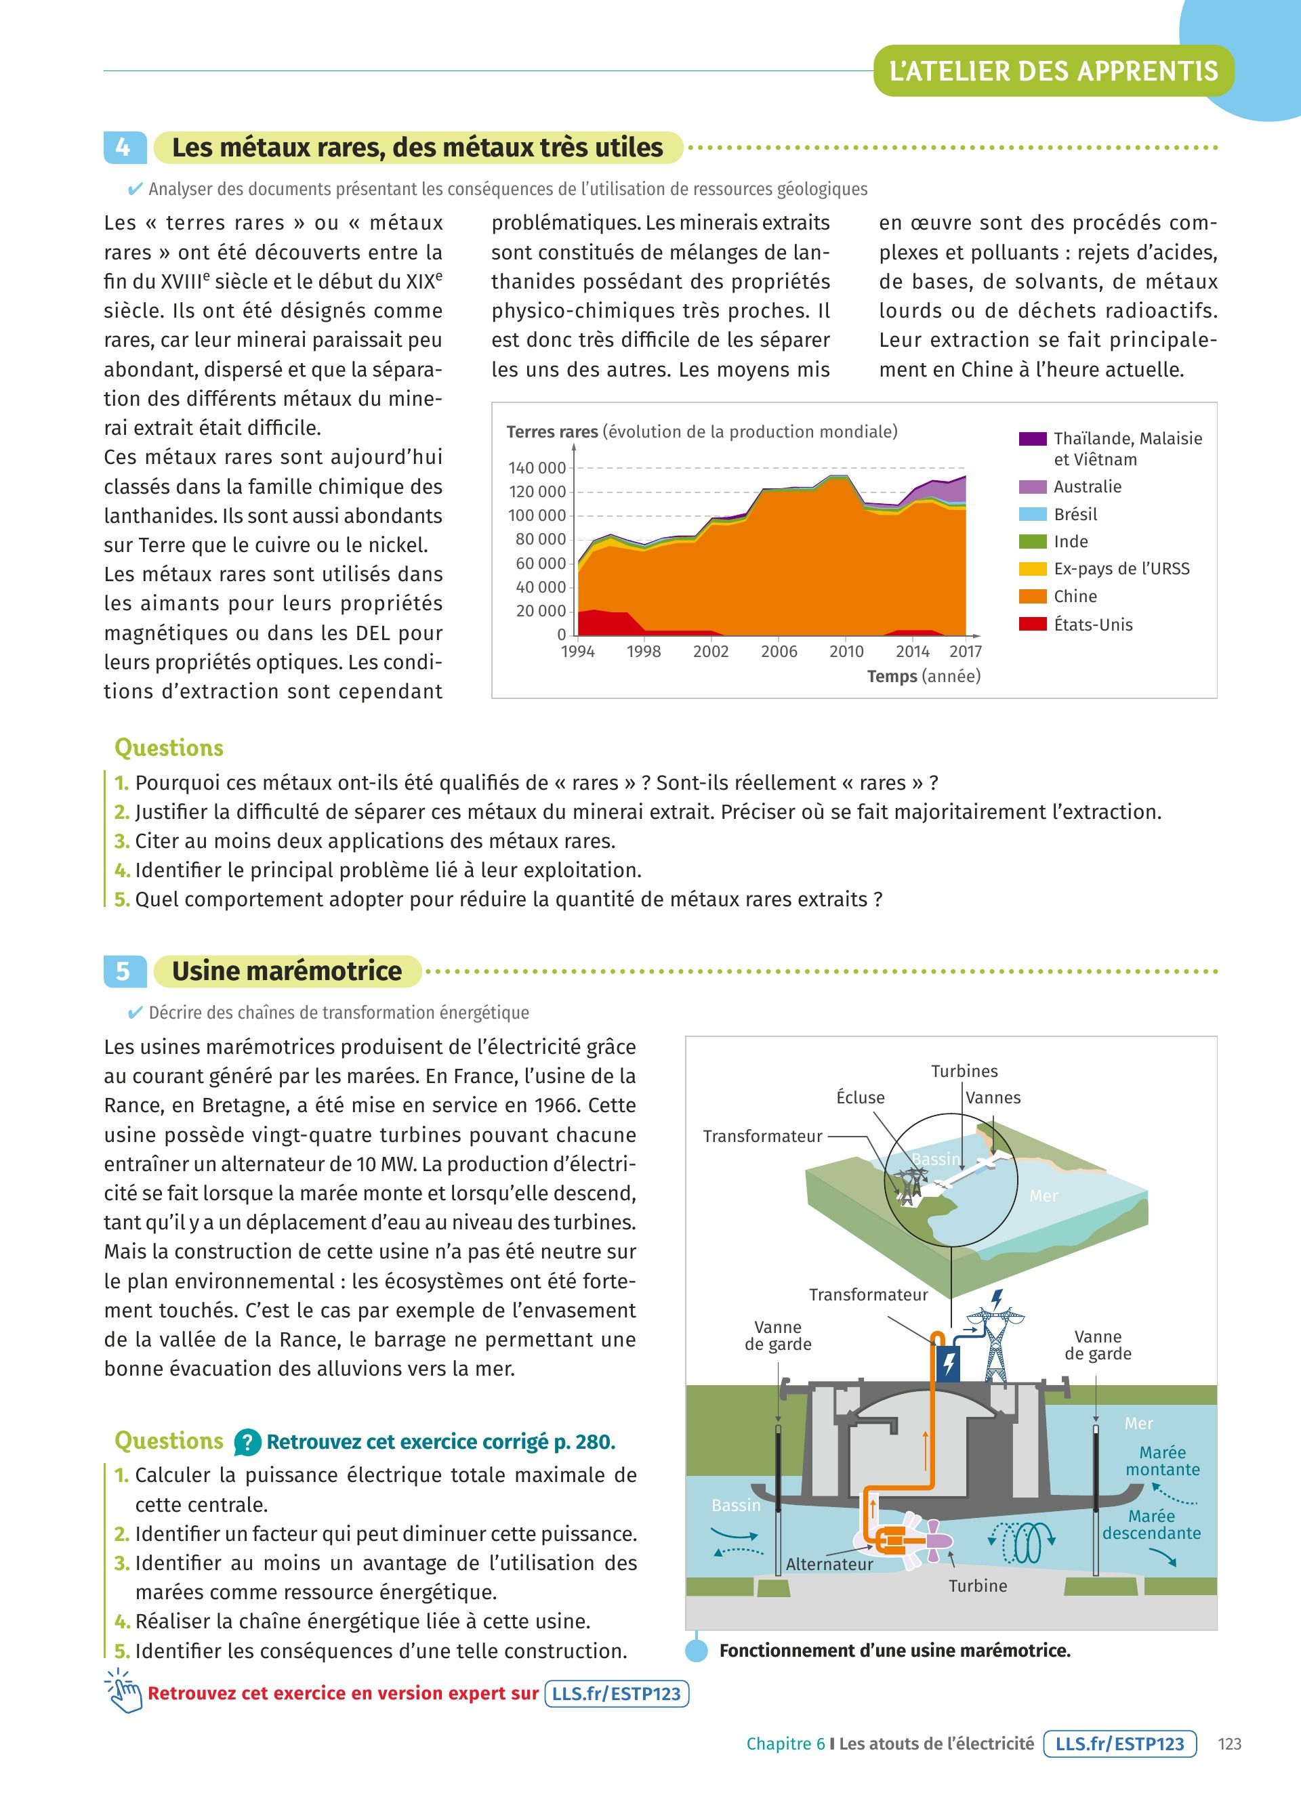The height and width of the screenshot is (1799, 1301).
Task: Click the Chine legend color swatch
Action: click(1032, 597)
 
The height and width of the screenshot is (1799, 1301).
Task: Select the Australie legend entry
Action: click(1087, 487)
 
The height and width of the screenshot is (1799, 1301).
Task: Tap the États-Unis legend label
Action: click(1092, 625)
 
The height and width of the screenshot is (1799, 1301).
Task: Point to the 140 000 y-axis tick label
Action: click(537, 468)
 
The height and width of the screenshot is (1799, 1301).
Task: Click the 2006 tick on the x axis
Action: click(779, 651)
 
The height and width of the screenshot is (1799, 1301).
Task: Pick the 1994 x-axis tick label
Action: click(577, 651)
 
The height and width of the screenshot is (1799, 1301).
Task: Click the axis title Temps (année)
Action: click(924, 677)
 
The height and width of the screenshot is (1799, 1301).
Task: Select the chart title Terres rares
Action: click(552, 432)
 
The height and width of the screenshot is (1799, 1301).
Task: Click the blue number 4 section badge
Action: click(125, 148)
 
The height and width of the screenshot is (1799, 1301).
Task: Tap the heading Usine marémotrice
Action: click(287, 971)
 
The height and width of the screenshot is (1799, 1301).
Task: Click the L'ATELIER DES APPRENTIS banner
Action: click(1054, 71)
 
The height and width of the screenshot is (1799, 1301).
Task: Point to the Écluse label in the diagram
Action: click(860, 1098)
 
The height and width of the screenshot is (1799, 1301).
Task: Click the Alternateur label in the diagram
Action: click(829, 1564)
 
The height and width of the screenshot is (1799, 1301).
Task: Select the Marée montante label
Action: click(1162, 1461)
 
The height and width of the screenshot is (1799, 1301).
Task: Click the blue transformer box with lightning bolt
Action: click(949, 1363)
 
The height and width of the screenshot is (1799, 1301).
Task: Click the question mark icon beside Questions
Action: click(247, 1442)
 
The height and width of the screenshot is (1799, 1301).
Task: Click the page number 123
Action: click(1230, 1744)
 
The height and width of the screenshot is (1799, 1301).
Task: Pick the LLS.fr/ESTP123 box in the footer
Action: click(1119, 1744)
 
